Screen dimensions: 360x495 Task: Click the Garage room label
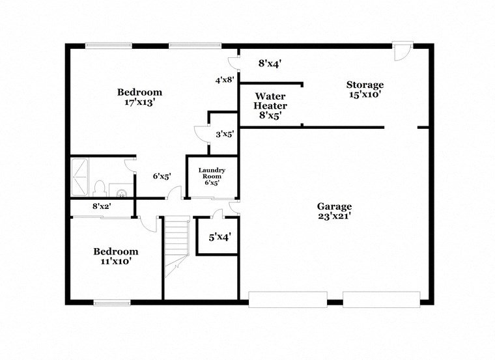point(335,206)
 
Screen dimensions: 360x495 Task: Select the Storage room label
point(365,85)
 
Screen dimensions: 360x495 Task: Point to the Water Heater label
point(270,101)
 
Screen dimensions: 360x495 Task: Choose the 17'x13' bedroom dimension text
point(139,102)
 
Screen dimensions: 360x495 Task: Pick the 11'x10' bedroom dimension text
point(115,262)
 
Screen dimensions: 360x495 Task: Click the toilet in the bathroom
point(100,189)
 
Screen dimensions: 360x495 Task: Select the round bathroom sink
point(121,192)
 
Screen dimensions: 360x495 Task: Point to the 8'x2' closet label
point(101,206)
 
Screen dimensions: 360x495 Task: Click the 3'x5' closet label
point(225,134)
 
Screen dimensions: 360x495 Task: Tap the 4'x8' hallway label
point(225,81)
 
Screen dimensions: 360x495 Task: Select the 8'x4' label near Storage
point(270,64)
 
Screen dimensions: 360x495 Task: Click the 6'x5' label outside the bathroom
point(162,176)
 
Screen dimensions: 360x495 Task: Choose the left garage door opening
point(287,299)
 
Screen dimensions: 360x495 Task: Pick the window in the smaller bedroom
point(111,302)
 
